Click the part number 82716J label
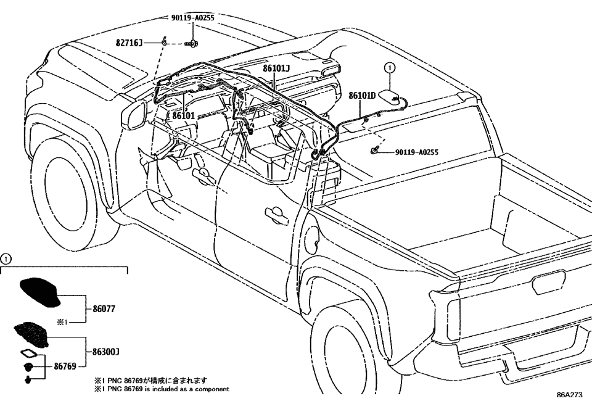click(129, 44)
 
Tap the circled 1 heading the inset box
click(5, 260)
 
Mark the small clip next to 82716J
click(163, 43)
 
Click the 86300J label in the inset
click(105, 352)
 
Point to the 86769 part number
click(64, 366)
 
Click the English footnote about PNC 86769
click(160, 389)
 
